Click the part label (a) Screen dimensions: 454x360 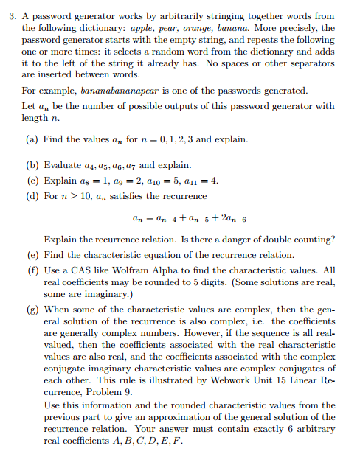34,139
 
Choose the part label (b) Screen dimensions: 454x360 34,164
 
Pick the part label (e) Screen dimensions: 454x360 34,254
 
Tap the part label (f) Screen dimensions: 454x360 34,270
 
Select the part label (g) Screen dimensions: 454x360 34,311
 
